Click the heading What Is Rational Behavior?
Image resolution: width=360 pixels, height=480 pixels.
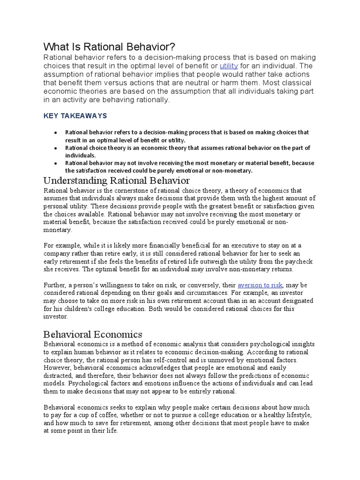[109, 47]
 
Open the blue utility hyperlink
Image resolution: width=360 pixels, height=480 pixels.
[229, 66]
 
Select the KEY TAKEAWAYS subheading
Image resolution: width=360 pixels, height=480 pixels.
[75, 115]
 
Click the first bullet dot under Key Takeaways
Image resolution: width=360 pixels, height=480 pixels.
[56, 133]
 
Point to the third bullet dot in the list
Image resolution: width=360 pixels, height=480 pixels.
[56, 163]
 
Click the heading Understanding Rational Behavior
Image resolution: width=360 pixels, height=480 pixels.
[116, 180]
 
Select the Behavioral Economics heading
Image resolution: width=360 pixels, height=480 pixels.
[92, 334]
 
